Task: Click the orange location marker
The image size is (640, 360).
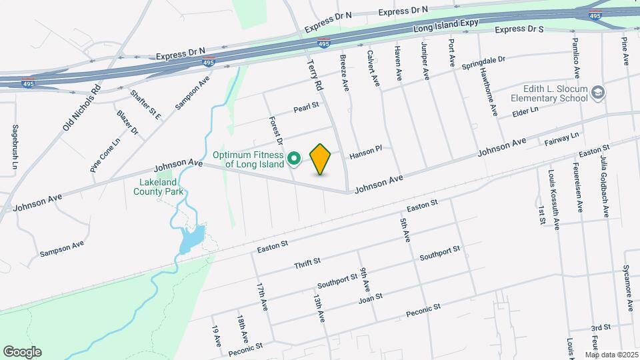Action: (x=321, y=159)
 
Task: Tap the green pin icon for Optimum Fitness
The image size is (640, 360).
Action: (x=294, y=159)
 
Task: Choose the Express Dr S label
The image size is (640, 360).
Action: (x=519, y=29)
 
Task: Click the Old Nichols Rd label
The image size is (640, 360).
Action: (x=81, y=109)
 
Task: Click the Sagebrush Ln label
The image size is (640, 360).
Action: (x=15, y=145)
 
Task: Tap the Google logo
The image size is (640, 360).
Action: (x=22, y=352)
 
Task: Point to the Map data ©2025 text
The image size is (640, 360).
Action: (x=611, y=355)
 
